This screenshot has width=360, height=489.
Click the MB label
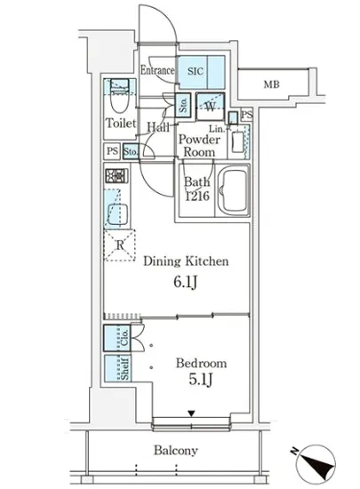[x=271, y=84]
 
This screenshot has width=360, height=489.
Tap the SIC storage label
[x=196, y=71]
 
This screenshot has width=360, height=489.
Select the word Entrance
[x=157, y=70]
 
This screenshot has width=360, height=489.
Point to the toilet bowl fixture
[x=120, y=100]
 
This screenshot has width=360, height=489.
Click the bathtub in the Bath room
[x=234, y=190]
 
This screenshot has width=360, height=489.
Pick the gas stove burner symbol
[x=116, y=176]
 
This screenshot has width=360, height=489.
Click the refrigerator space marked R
[x=120, y=245]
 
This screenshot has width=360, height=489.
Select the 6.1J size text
[x=185, y=282]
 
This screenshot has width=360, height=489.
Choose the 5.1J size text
[x=201, y=380]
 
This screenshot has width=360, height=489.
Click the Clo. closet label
[x=124, y=338]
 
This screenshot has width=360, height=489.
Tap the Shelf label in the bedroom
[x=124, y=369]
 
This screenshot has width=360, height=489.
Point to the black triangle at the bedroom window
[x=191, y=413]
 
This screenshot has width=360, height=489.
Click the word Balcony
[x=176, y=451]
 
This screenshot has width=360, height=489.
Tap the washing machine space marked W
[x=211, y=107]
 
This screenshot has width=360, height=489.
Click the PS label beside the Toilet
[x=112, y=151]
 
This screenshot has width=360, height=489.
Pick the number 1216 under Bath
[x=197, y=196]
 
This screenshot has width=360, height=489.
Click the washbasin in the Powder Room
[x=237, y=142]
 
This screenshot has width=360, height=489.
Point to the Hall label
[x=158, y=127]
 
